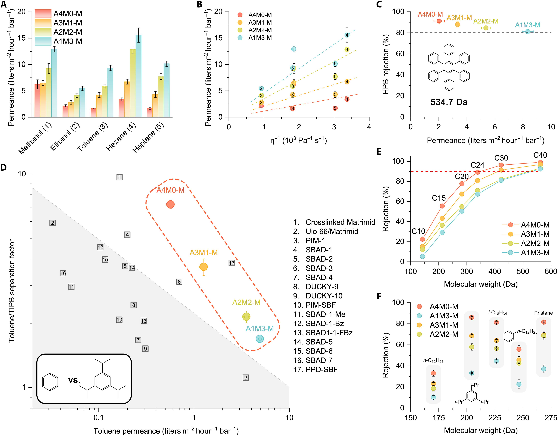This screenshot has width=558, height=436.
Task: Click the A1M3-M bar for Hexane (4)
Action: (138, 76)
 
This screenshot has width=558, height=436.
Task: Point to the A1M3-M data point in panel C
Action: (528, 31)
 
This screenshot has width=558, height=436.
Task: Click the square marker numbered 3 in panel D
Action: (246, 377)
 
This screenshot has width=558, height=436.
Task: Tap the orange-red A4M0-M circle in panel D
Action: (170, 204)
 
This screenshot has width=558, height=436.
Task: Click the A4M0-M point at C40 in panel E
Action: (540, 162)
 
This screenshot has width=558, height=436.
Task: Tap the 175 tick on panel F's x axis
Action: (439, 418)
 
